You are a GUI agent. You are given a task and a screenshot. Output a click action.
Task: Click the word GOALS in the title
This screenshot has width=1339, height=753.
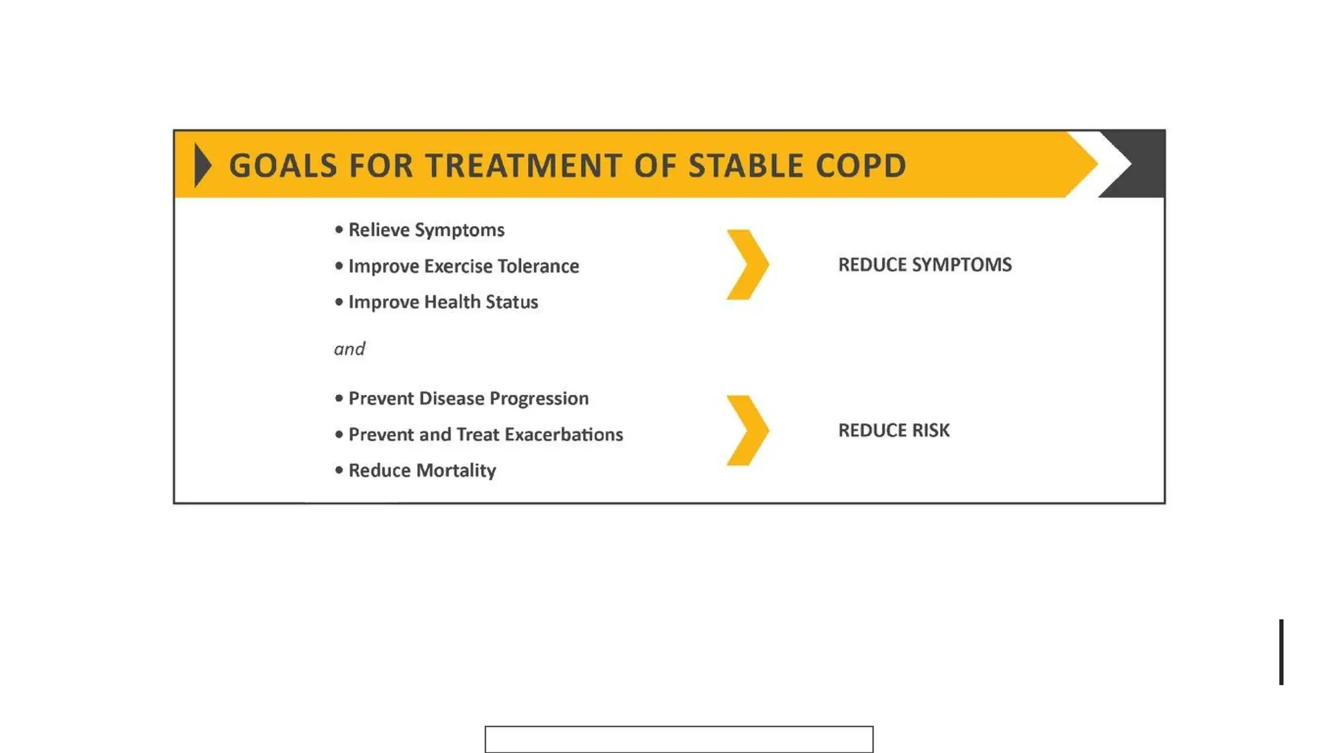tap(283, 165)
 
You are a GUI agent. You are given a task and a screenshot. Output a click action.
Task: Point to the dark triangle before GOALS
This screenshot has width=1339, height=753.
tap(202, 165)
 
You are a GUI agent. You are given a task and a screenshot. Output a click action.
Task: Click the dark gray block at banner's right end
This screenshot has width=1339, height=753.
tap(1144, 163)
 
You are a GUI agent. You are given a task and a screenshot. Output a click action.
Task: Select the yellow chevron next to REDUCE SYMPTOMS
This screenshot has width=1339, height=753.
tap(748, 265)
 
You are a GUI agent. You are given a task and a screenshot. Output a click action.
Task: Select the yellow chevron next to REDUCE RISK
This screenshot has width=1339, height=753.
tap(748, 430)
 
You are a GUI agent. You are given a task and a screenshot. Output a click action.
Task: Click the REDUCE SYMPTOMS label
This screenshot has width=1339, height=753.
tap(924, 265)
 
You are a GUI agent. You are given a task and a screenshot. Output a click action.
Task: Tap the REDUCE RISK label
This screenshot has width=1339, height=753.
tap(893, 430)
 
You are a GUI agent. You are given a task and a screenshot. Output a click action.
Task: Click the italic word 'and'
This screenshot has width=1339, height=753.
tap(349, 349)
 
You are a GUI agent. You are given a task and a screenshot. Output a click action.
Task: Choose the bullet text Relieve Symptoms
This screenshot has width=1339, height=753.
tap(426, 230)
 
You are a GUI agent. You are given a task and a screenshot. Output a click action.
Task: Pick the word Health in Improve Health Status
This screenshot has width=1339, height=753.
tap(452, 302)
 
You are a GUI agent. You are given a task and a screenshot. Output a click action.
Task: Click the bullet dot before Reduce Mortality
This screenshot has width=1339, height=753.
tap(339, 470)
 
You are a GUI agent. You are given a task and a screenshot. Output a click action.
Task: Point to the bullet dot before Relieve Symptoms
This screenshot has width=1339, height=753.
tap(339, 229)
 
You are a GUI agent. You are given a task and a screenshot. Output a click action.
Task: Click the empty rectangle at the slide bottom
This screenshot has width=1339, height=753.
tap(679, 739)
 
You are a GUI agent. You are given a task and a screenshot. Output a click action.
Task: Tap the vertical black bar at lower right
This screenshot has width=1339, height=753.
tap(1281, 652)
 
